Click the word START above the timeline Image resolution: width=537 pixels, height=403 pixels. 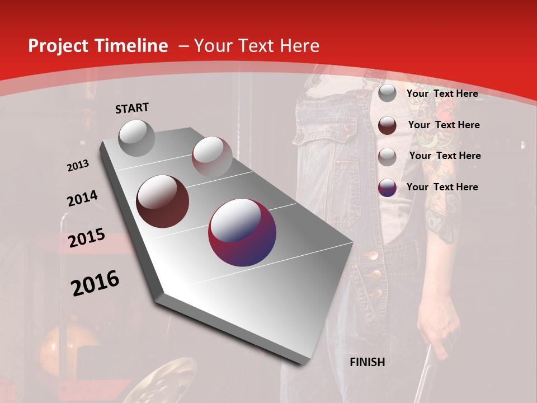point(132,108)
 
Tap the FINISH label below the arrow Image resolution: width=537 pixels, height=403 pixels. point(367,362)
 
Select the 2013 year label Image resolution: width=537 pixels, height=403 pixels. point(78,165)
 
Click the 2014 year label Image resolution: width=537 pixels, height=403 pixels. point(82,199)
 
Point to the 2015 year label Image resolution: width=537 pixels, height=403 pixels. point(86,238)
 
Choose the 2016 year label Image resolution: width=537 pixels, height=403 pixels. point(95,283)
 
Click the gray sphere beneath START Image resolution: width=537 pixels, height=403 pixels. point(136,138)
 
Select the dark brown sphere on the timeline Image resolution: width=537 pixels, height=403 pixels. point(163,201)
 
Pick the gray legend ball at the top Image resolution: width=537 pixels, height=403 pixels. point(387,93)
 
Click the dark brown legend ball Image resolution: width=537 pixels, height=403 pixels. point(387,125)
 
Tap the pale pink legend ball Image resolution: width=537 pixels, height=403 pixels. point(387,157)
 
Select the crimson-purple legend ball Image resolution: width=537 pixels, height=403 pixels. point(387,188)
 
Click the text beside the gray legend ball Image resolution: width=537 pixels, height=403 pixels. point(442,93)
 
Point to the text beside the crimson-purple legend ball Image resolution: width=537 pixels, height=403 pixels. point(442,187)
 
